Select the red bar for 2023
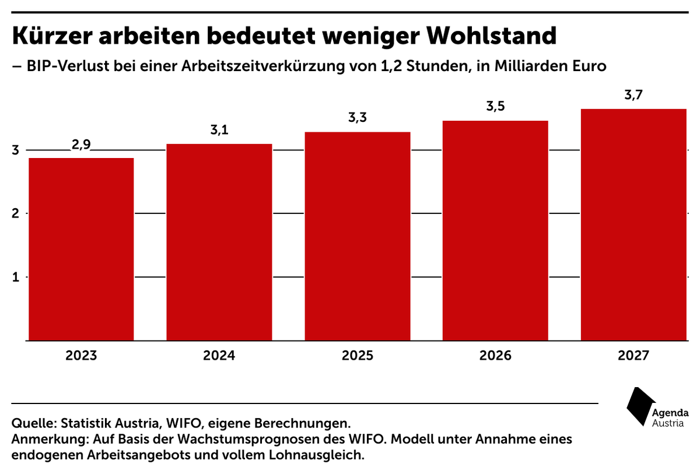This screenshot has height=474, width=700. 81,249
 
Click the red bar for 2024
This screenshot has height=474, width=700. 219,242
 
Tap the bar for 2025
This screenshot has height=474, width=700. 358,236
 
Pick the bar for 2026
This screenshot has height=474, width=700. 495,230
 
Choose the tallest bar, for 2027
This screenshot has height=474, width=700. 633,224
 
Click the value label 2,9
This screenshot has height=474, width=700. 81,145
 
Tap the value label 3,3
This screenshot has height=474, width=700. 358,118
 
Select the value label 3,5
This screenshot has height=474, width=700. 495,107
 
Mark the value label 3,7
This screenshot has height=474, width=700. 633,95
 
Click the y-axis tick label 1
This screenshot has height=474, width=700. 16,277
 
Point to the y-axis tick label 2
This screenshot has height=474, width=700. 16,213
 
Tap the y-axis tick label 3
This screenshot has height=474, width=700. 16,150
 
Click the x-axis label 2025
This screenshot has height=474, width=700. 358,356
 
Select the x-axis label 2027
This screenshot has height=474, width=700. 633,356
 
